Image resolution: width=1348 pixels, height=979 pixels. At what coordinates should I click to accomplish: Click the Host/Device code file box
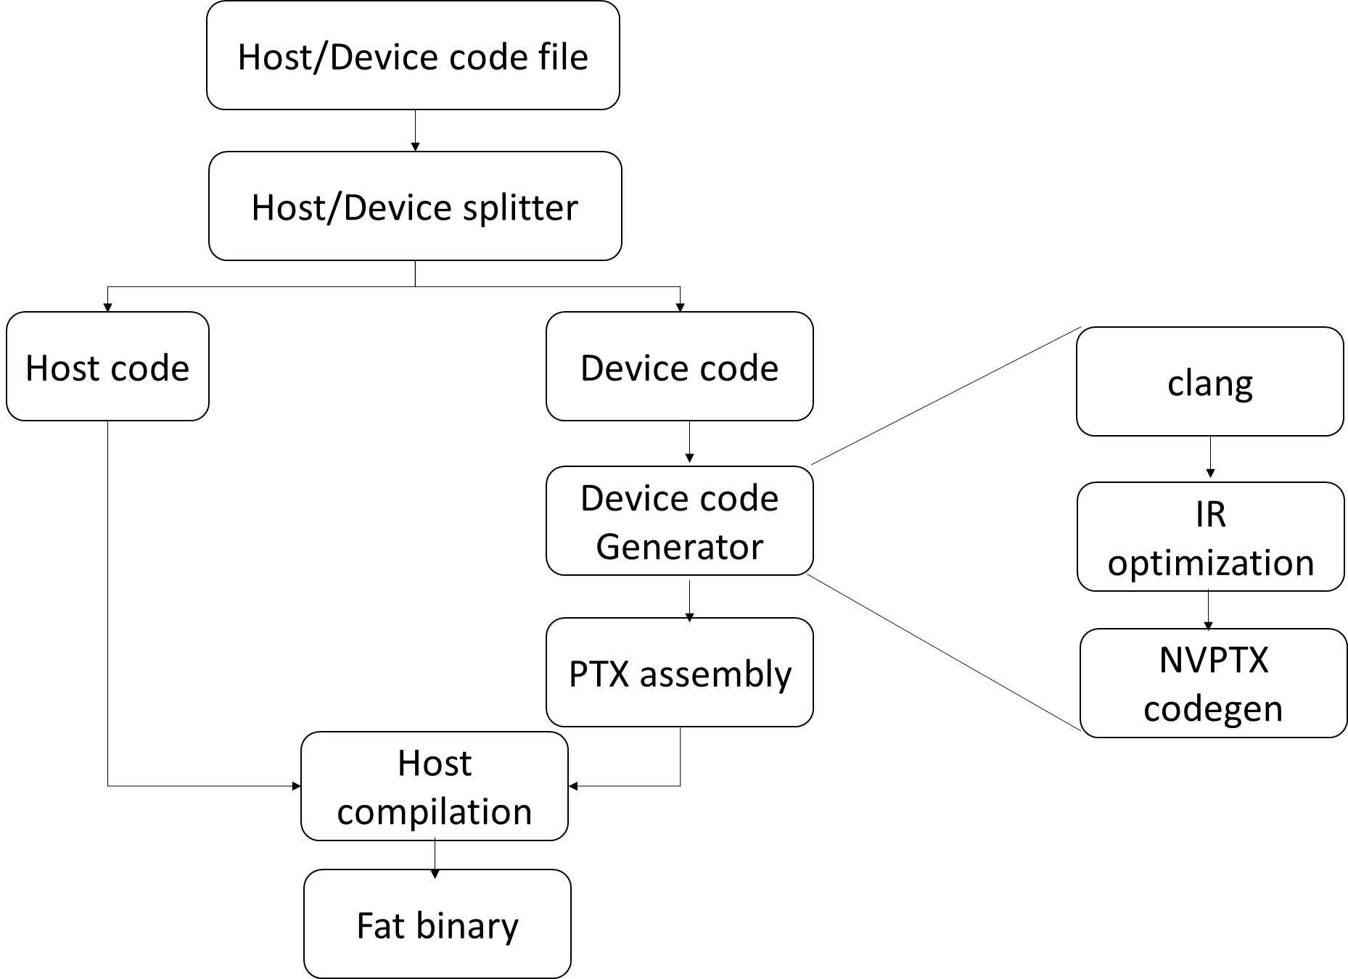click(413, 56)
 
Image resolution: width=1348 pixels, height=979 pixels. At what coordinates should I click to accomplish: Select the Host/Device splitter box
click(415, 206)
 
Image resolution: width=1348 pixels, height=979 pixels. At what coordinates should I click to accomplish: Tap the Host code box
click(107, 366)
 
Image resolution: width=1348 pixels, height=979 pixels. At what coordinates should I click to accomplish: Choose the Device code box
click(679, 366)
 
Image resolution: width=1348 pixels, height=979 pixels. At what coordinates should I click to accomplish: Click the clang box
click(1209, 381)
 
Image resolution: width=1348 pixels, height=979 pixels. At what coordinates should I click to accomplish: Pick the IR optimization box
click(1210, 537)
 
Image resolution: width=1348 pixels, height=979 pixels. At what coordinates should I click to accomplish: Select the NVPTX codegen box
click(1213, 683)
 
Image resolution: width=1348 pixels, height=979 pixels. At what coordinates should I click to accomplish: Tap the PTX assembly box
click(679, 672)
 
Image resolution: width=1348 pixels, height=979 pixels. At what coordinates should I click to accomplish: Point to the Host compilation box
click(434, 786)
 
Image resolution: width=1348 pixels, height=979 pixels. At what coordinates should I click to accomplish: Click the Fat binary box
click(437, 924)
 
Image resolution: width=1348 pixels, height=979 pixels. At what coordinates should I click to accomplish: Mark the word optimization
click(1210, 562)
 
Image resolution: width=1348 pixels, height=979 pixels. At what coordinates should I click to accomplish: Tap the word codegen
click(1213, 709)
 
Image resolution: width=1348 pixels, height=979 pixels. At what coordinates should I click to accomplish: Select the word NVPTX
click(1213, 660)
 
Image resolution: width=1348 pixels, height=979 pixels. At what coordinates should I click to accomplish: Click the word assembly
click(715, 674)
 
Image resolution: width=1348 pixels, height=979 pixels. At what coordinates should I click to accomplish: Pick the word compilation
click(434, 811)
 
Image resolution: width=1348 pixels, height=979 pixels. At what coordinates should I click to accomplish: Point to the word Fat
click(380, 925)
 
